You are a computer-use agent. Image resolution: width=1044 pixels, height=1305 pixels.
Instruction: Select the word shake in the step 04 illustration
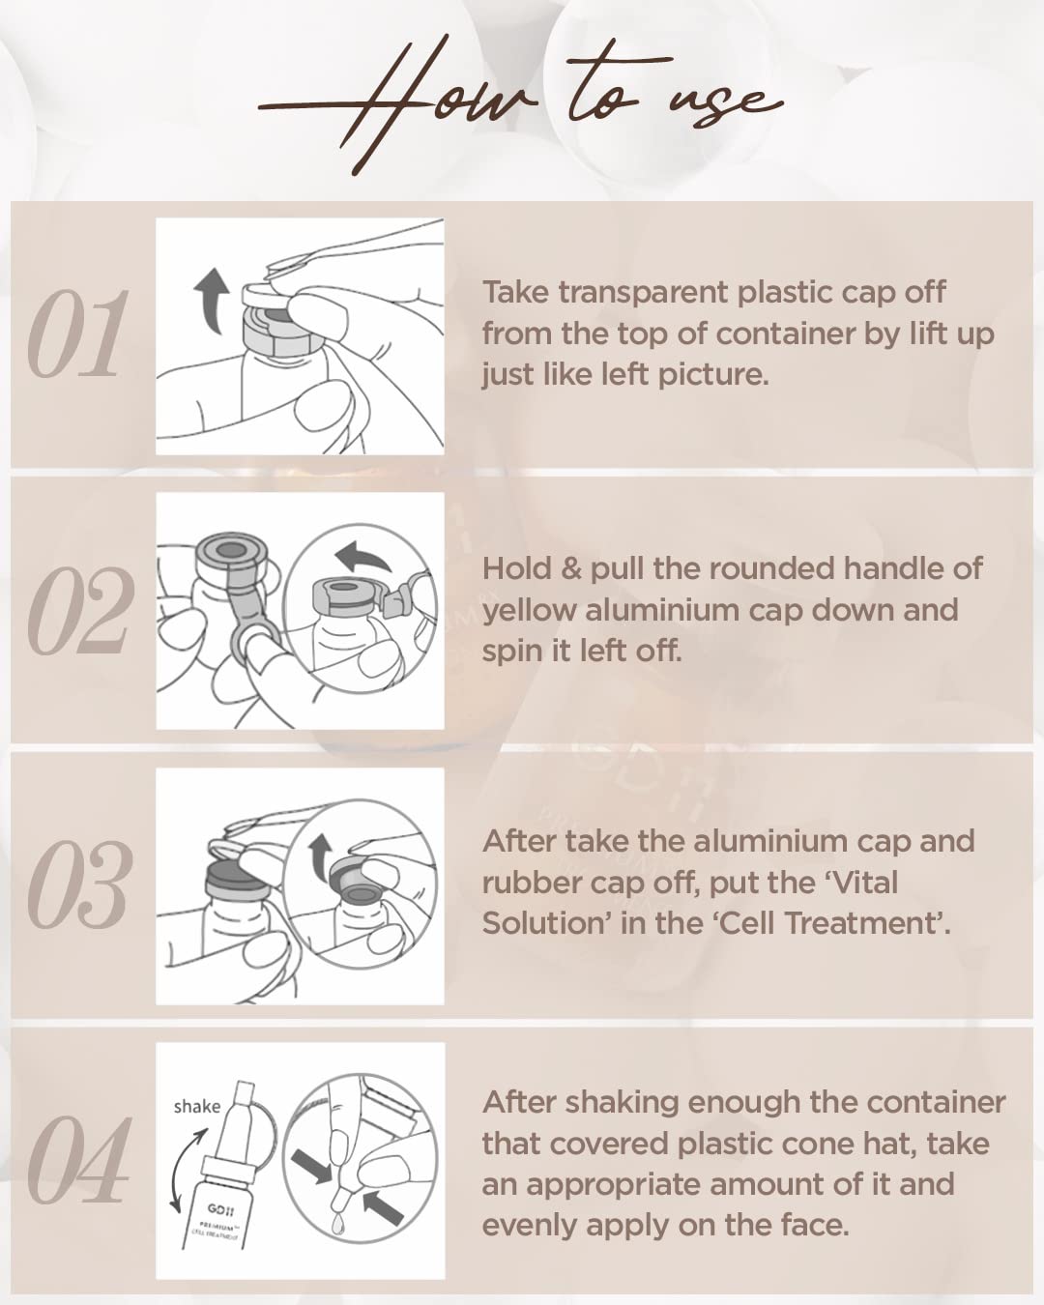point(197,1106)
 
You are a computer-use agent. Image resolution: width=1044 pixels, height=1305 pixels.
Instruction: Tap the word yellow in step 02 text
point(530,610)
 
